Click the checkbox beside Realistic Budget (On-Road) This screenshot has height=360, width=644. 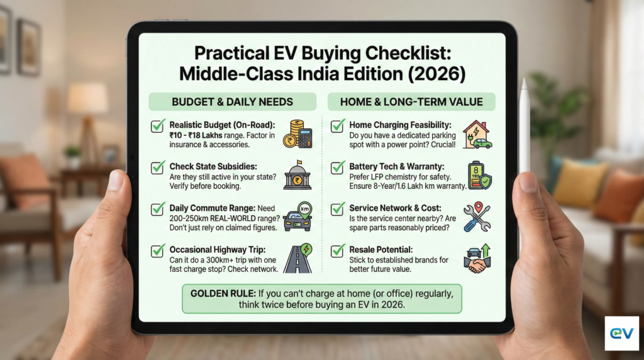[x=158, y=126]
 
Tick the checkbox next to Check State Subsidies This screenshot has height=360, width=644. [x=158, y=168]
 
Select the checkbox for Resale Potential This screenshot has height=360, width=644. [x=338, y=250]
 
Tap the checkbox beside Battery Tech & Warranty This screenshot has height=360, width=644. [x=338, y=168]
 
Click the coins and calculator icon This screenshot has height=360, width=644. [x=297, y=134]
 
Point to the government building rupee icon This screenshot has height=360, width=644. [x=297, y=176]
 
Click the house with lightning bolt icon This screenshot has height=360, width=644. [x=477, y=134]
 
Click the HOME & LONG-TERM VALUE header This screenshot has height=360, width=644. [x=411, y=102]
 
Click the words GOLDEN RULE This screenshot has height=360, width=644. [x=214, y=293]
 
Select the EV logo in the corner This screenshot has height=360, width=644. [x=621, y=333]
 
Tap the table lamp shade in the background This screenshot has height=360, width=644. [x=87, y=98]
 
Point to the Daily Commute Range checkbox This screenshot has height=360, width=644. [x=158, y=209]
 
